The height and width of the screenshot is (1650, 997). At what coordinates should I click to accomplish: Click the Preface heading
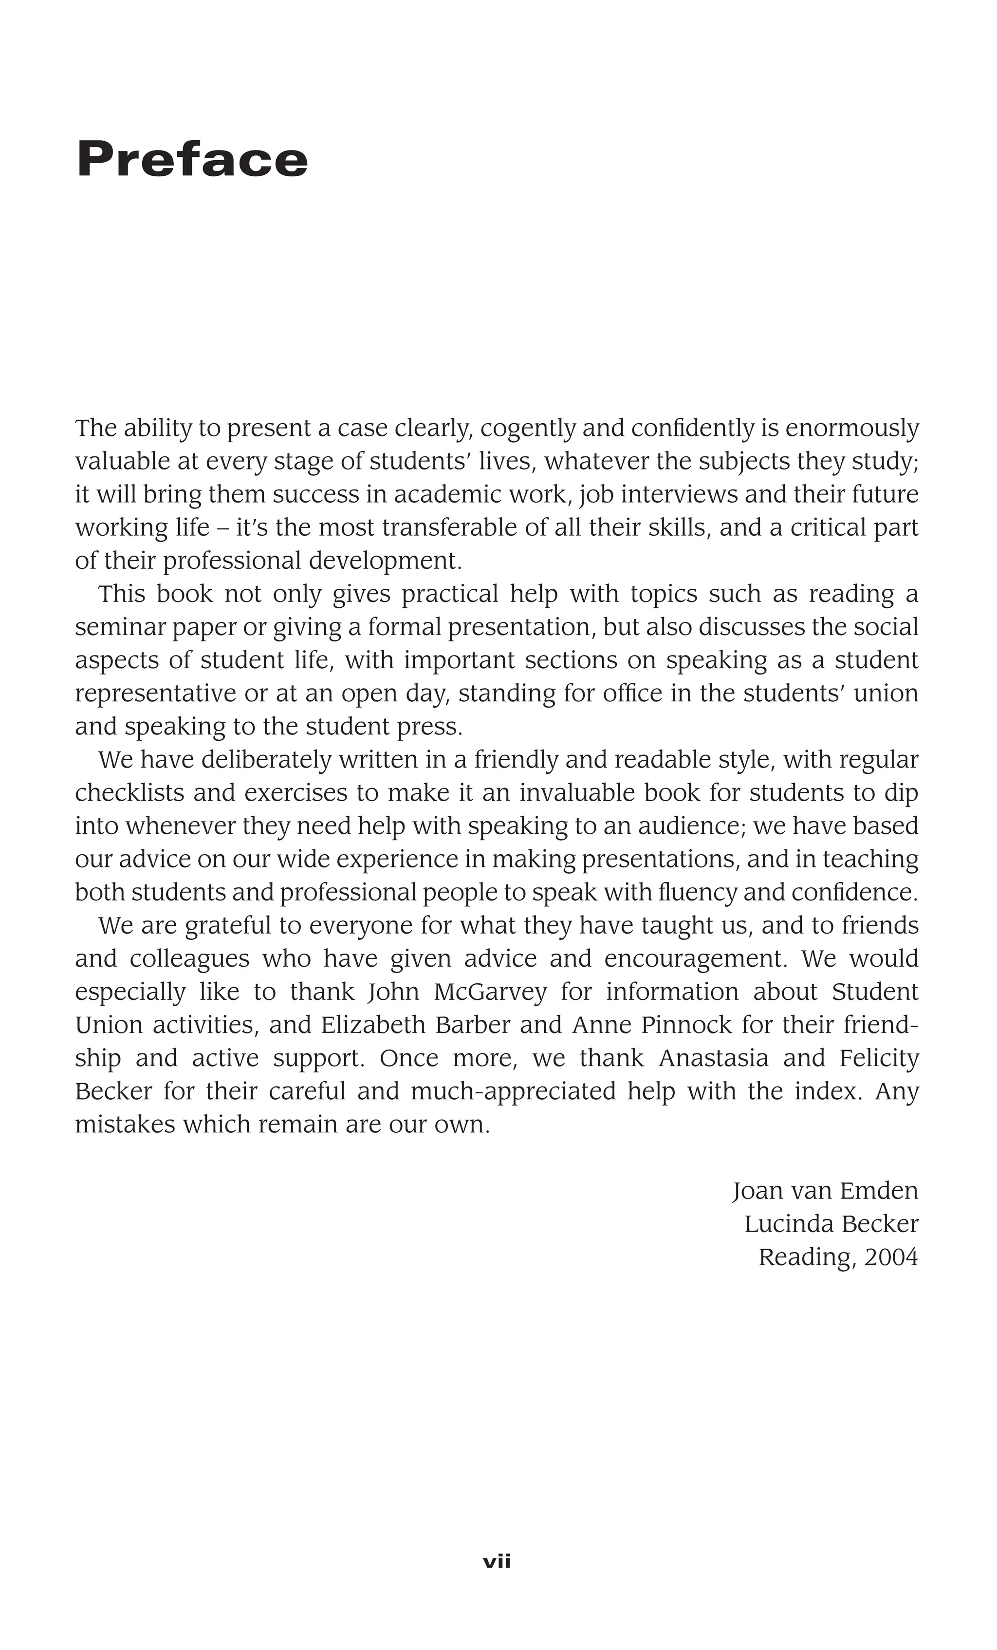[x=192, y=159]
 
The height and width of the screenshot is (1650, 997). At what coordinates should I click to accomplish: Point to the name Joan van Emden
[x=825, y=1191]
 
